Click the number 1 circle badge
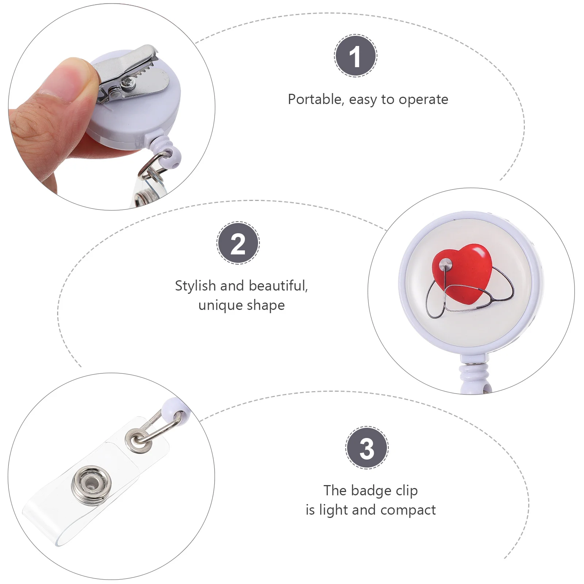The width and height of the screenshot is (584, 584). point(356,55)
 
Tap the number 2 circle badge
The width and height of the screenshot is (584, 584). point(238,243)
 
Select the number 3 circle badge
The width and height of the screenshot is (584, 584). point(367,447)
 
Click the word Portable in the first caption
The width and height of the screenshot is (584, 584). point(315,99)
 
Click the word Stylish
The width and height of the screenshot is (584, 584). point(195,286)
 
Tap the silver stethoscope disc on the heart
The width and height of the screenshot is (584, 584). point(446,263)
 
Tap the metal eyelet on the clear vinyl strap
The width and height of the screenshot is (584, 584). point(138,439)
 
